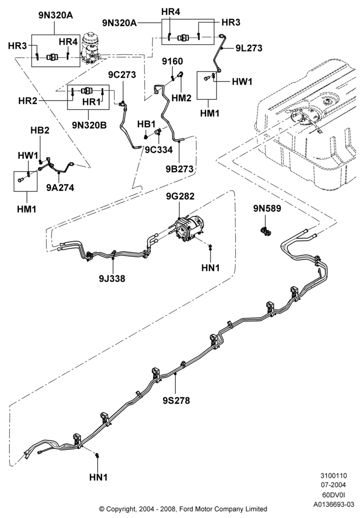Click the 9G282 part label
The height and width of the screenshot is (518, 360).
click(180, 196)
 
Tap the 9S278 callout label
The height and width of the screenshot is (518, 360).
click(176, 400)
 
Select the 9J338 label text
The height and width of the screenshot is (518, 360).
click(112, 279)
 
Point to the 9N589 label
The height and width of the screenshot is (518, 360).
click(267, 209)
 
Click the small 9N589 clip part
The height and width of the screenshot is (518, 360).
click(266, 231)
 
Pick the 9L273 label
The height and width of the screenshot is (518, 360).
click(249, 48)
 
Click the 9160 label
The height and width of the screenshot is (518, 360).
click(172, 61)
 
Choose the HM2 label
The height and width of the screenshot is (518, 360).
click(182, 98)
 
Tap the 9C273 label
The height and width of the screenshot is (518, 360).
click(122, 75)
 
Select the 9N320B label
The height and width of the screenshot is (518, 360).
click(89, 125)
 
